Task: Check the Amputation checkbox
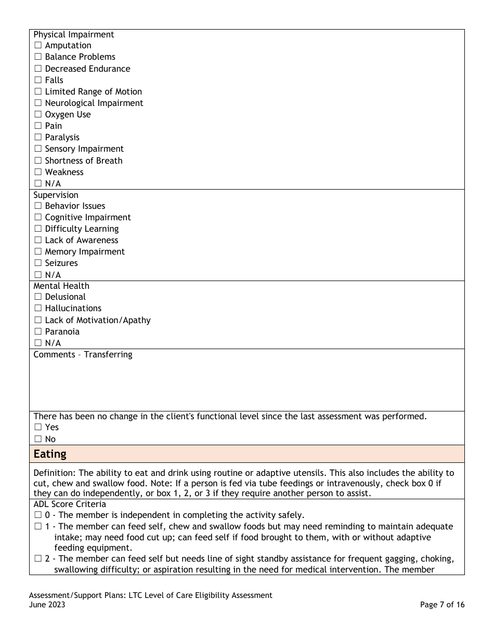click(x=38, y=46)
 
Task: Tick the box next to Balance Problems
click(x=38, y=57)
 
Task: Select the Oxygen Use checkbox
click(x=38, y=115)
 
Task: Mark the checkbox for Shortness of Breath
click(x=38, y=161)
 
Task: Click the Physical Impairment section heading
click(x=73, y=35)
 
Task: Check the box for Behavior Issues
click(x=38, y=206)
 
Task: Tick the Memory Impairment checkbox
click(x=38, y=252)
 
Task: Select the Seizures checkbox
click(x=38, y=263)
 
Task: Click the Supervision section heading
click(x=56, y=195)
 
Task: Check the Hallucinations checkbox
click(x=38, y=309)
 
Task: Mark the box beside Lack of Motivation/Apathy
click(x=38, y=321)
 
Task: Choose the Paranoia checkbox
click(x=38, y=332)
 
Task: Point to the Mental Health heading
click(x=61, y=286)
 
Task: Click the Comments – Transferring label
click(x=83, y=355)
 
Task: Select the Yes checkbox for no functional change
click(x=38, y=428)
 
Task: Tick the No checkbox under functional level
click(x=38, y=440)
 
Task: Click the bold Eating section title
click(x=50, y=454)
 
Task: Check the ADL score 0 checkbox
click(x=38, y=515)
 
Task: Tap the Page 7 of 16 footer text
click(x=442, y=605)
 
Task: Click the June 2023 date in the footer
click(x=47, y=605)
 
